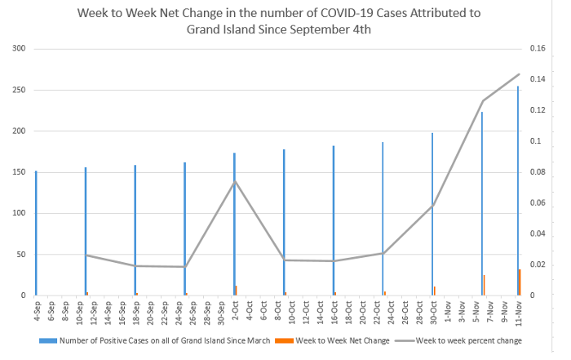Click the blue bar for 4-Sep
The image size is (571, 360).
(x=36, y=233)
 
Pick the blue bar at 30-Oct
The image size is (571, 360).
(x=432, y=214)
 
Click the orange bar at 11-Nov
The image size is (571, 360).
(x=520, y=282)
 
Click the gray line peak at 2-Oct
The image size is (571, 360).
(x=235, y=181)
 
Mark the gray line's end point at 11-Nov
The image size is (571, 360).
(x=519, y=74)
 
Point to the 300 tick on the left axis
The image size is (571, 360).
(x=20, y=49)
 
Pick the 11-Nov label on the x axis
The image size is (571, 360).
(x=518, y=312)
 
